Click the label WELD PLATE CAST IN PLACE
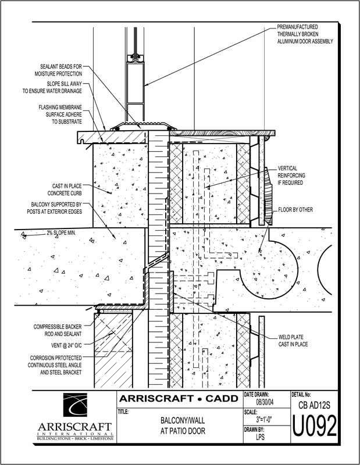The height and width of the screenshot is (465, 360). tap(293, 341)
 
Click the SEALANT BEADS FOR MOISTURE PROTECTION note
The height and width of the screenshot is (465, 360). tap(61, 70)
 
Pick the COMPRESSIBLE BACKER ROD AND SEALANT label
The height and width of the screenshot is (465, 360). tap(58, 330)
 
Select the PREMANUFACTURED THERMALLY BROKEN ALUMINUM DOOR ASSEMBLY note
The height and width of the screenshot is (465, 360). tap(305, 34)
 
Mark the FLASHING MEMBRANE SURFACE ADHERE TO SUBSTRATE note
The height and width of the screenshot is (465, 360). tap(60, 115)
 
